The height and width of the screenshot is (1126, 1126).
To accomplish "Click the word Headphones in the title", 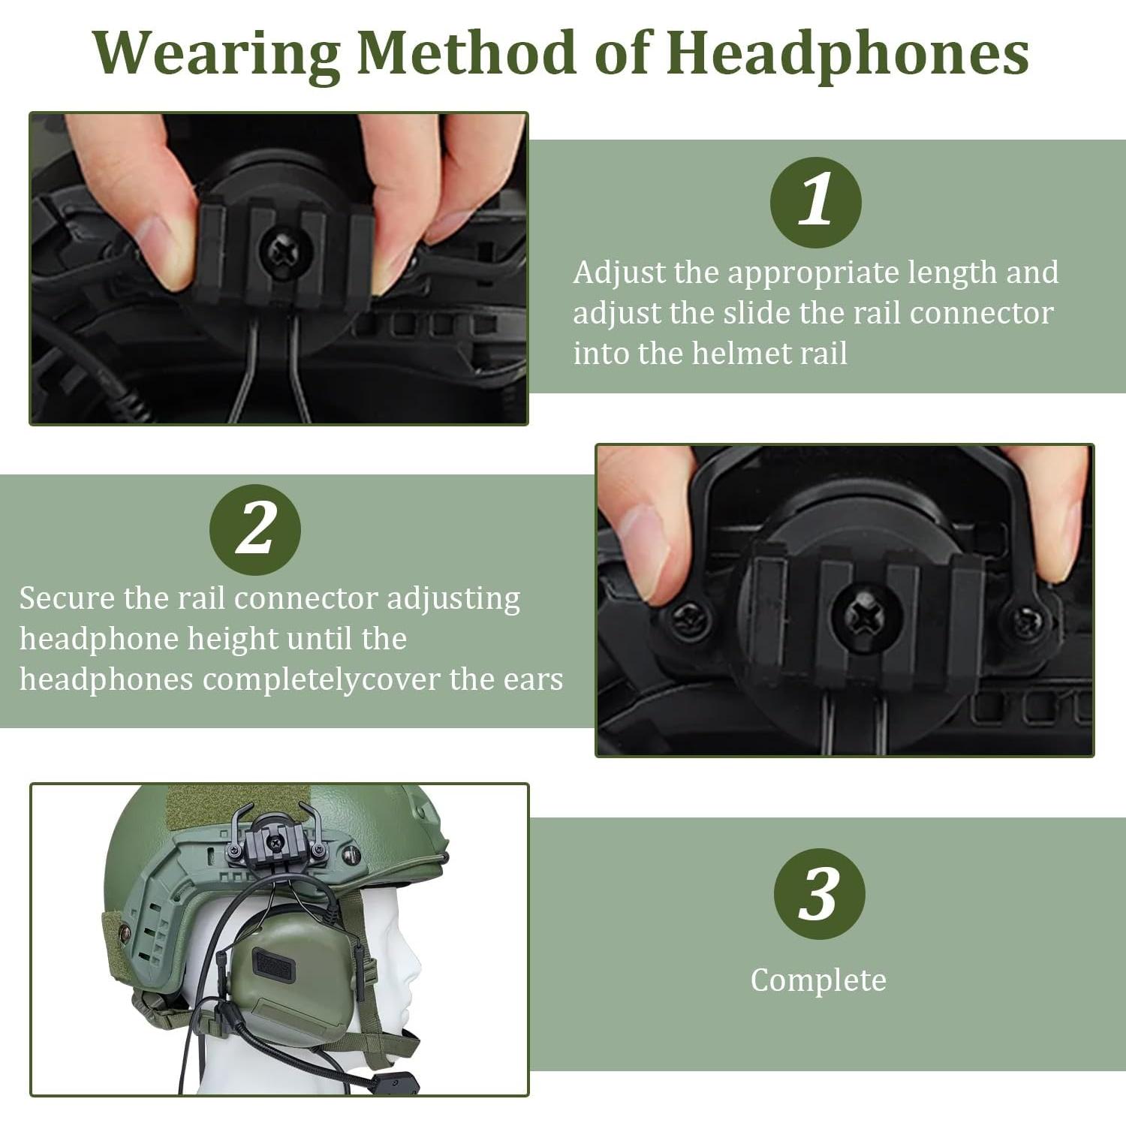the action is coord(848,54).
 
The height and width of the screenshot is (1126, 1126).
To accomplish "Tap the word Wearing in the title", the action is coord(217,54).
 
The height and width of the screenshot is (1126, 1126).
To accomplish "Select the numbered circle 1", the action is coord(816,203).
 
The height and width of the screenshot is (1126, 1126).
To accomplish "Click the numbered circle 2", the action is coord(255,530).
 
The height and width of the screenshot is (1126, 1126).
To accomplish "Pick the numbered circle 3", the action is coord(820,894).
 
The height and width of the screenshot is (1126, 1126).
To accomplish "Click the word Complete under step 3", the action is coord(818,980).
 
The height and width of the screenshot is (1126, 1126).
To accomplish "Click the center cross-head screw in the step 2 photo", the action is coord(866,617).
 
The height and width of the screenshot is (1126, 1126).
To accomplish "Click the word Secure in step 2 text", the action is coord(67,598).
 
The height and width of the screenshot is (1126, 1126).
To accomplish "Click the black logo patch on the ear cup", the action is coord(273,965).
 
